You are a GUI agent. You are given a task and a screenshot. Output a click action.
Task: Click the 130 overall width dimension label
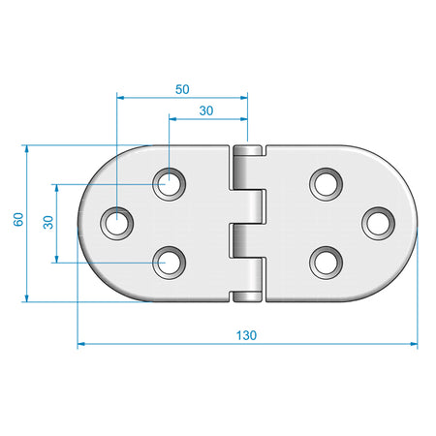pyautogui.click(x=246, y=335)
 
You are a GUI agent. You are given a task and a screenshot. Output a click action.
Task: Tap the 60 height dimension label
pyautogui.click(x=18, y=219)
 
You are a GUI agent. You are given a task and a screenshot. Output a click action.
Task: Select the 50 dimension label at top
pyautogui.click(x=182, y=89)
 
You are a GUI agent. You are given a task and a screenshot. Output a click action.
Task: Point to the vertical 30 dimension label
pyautogui.click(x=48, y=222)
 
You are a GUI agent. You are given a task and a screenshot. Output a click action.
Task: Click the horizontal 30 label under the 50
pyautogui.click(x=206, y=110)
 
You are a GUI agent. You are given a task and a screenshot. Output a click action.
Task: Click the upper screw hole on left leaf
pyautogui.click(x=170, y=184)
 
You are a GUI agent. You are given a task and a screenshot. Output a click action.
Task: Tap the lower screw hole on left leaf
pyautogui.click(x=170, y=263)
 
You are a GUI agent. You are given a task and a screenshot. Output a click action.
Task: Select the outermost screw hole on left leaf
pyautogui.click(x=116, y=223)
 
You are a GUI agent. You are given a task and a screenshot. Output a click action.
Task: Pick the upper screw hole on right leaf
pyautogui.click(x=326, y=184)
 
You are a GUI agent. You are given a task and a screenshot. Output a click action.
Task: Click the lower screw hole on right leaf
pyautogui.click(x=326, y=263)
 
